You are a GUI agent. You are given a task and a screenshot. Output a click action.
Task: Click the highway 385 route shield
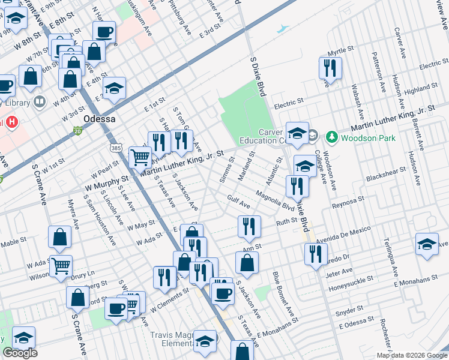pyautogui.click(x=116, y=146)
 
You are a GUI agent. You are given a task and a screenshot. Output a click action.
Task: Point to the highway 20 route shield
pyautogui.click(x=77, y=130)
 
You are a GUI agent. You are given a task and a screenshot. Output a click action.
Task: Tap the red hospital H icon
pyautogui.click(x=11, y=122)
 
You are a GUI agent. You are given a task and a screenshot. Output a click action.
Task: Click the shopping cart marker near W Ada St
pyautogui.click(x=60, y=265)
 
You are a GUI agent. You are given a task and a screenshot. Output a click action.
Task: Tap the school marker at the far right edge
pyautogui.click(x=427, y=244)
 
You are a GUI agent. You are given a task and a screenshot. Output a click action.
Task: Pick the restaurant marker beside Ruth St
pyautogui.click(x=248, y=227)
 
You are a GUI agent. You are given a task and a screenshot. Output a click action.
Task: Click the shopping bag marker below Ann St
pyautogui.click(x=247, y=262)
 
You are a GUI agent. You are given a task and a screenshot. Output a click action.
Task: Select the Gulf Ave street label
pyautogui.click(x=238, y=201)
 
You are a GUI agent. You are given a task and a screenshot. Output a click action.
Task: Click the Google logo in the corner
pyautogui.click(x=20, y=353)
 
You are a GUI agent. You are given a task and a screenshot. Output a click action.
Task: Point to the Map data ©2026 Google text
pyautogui.click(x=412, y=355)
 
